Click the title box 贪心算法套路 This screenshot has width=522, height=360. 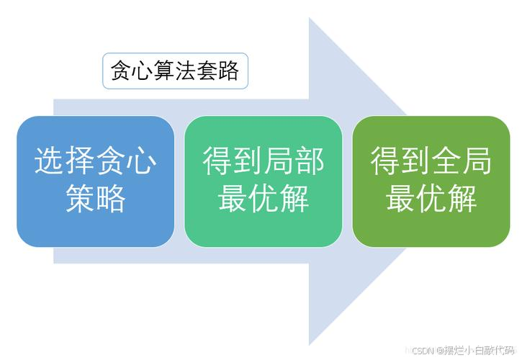tap(175, 71)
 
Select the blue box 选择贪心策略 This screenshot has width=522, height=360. tap(96, 181)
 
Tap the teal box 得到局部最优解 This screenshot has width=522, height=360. tap(264, 181)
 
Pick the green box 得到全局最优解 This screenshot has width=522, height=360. tap(431, 181)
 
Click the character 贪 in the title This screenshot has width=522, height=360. tap(121, 71)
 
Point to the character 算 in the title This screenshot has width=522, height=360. tap(164, 71)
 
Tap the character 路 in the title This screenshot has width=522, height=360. tap(229, 71)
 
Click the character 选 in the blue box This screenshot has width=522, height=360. tap(50, 161)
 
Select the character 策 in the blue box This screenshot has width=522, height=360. tap(80, 199)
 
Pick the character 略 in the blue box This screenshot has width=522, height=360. tap(111, 199)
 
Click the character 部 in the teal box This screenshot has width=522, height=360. tap(310, 161)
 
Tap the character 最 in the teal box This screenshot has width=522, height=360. tap(233, 199)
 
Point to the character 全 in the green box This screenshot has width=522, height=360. tap(446, 161)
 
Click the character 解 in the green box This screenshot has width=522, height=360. tap(462, 199)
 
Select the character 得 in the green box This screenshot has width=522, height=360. tap(385, 161)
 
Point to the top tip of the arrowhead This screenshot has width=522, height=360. tap(310, 18)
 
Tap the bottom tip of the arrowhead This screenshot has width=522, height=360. tap(310, 346)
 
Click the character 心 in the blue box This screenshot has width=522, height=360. tap(142, 161)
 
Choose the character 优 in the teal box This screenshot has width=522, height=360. tap(264, 199)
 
